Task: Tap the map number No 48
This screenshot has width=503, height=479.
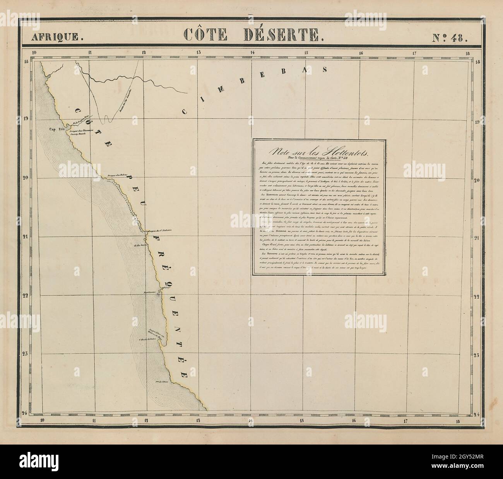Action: pos(450,37)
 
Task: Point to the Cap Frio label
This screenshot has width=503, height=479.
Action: pos(56,130)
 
